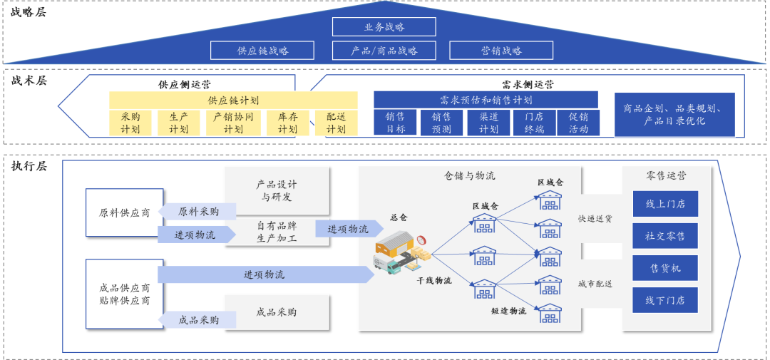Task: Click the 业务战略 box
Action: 384,26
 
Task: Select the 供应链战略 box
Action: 262,51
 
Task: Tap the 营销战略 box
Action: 500,51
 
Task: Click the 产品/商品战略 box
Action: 384,51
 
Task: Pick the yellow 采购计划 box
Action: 130,123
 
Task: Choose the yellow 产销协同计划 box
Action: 233,123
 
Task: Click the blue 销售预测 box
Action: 441,123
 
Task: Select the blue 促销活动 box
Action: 578,123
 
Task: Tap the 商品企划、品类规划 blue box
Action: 674,115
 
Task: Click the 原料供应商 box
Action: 124,212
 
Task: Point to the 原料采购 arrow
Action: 197,212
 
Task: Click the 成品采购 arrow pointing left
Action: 197,320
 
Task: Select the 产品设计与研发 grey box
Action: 277,190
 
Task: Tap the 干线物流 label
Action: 434,281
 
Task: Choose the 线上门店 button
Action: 665,204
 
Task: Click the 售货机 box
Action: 665,268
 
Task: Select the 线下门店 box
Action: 665,300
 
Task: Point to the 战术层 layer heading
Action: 29,81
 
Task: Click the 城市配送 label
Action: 595,284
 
